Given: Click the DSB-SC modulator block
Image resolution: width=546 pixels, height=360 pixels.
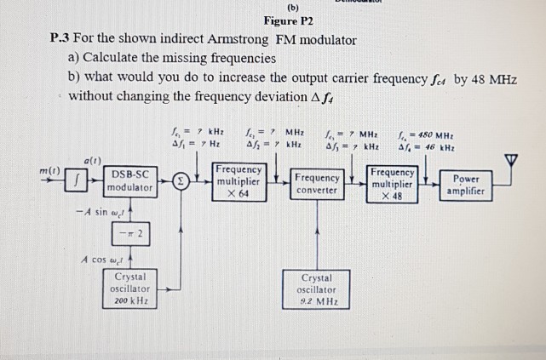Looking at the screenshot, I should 130,180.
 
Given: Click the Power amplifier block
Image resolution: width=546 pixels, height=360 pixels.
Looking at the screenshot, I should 468,186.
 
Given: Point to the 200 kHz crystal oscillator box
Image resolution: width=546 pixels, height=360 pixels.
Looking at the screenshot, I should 130,289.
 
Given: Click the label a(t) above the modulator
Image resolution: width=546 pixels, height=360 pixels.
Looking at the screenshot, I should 93,160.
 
